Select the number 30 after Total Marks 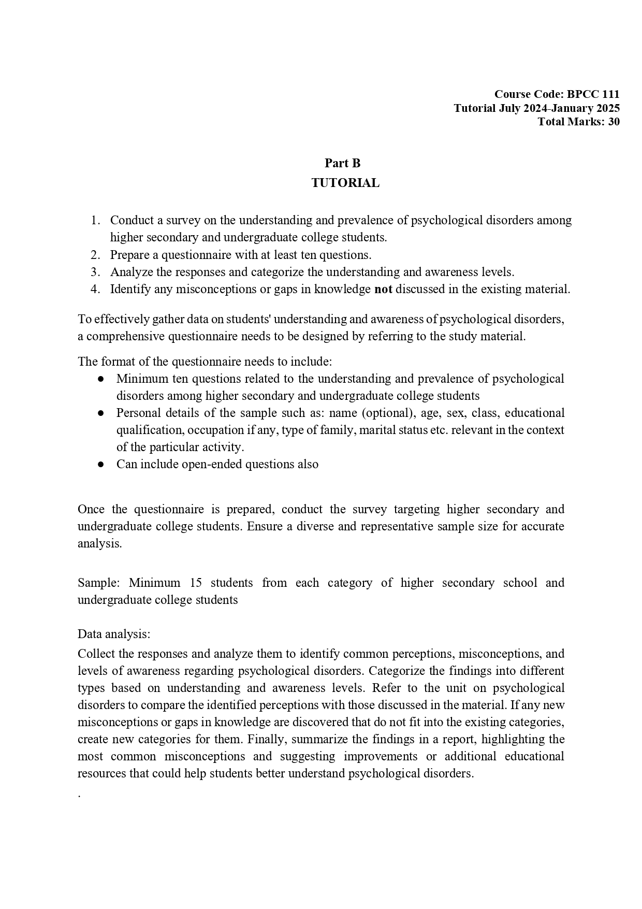pos(614,122)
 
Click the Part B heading pos(343,163)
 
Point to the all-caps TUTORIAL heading pos(345,183)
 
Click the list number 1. pos(95,220)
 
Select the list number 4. pos(95,289)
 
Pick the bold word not pos(383,289)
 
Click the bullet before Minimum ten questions pos(101,379)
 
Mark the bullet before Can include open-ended pos(101,465)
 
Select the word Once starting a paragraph pos(91,509)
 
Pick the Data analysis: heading pos(114,634)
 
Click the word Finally pos(264,739)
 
